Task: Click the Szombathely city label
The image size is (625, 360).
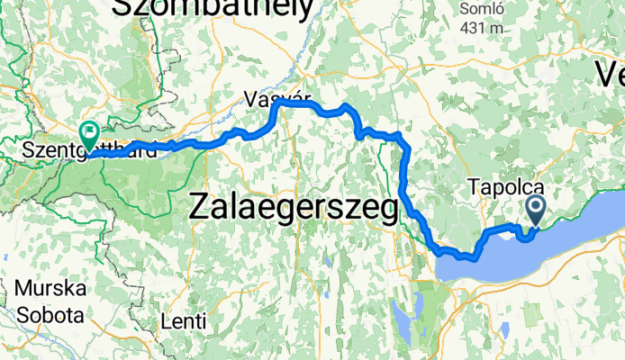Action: point(213,9)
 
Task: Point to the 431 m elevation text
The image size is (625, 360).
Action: point(482,28)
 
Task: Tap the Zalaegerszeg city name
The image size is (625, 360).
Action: point(294,209)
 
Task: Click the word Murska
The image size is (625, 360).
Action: point(50,291)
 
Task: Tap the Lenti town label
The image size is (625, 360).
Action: point(183,320)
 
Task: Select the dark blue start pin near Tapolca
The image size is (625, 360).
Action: point(536,210)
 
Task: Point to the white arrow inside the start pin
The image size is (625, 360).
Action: point(536,209)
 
